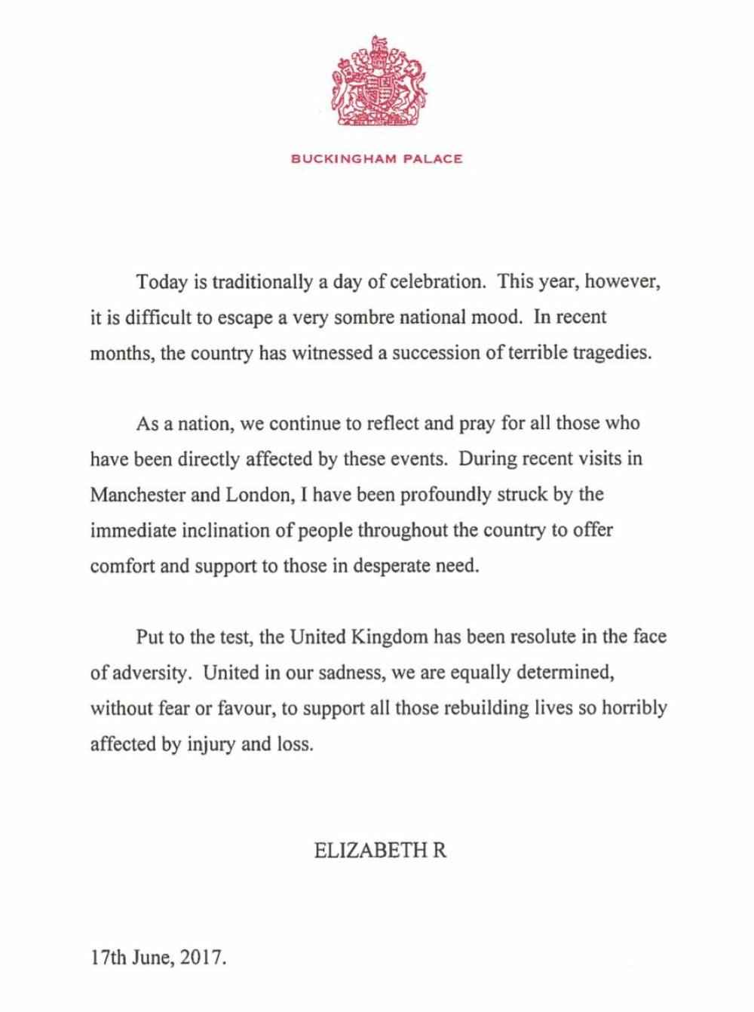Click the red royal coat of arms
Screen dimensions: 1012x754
377,81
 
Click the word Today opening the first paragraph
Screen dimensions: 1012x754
161,282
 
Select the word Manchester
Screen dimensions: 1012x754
133,495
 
